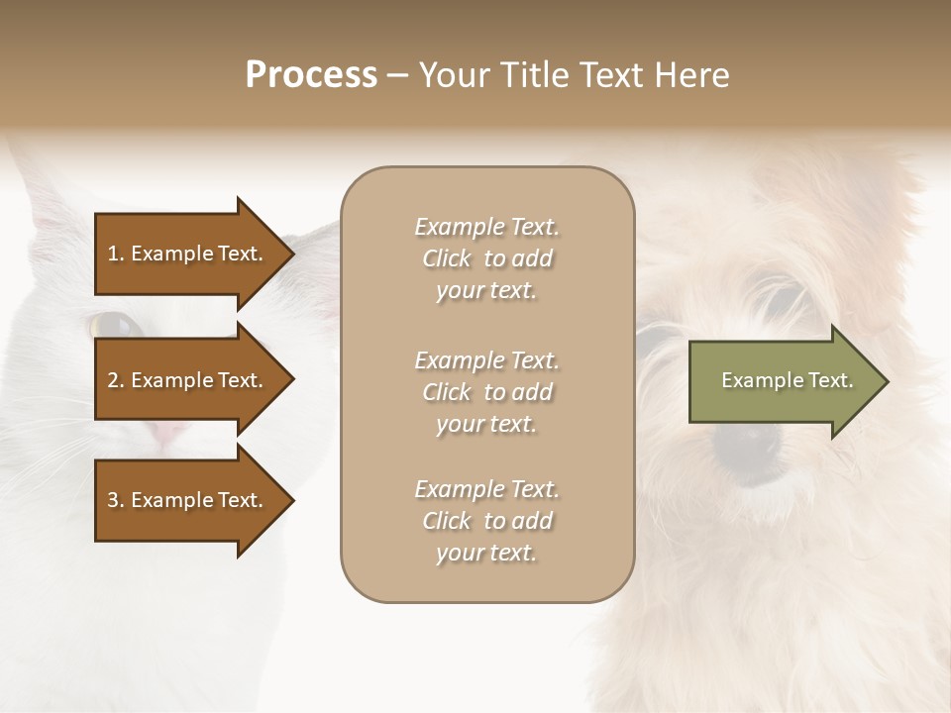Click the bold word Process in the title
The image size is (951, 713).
(x=311, y=75)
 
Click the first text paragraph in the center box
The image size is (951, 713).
(x=486, y=258)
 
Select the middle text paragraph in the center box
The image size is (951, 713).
(x=486, y=392)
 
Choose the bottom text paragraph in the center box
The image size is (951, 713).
(x=486, y=521)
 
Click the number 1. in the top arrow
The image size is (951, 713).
(x=116, y=254)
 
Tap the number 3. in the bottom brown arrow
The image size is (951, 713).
(x=116, y=500)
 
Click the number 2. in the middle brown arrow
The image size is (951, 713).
(x=116, y=380)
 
